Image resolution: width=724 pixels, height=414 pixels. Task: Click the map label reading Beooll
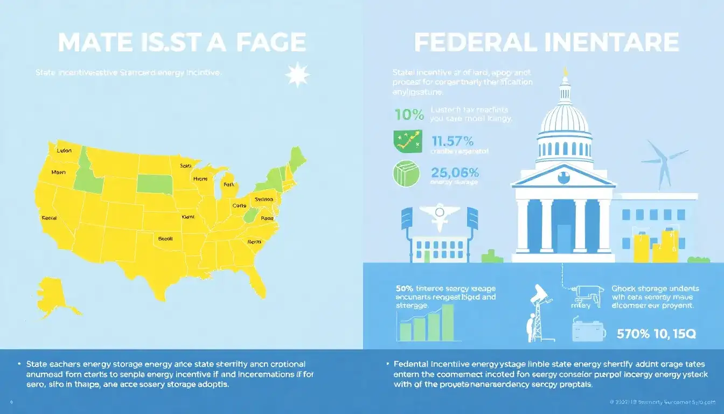pos(165,238)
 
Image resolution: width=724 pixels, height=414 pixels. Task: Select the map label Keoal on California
pos(49,219)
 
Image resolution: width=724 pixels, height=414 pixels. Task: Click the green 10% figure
pos(409,114)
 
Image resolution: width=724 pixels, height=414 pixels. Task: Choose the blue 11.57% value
pos(452,141)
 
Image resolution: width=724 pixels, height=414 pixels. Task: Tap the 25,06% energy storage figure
pos(456,172)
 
